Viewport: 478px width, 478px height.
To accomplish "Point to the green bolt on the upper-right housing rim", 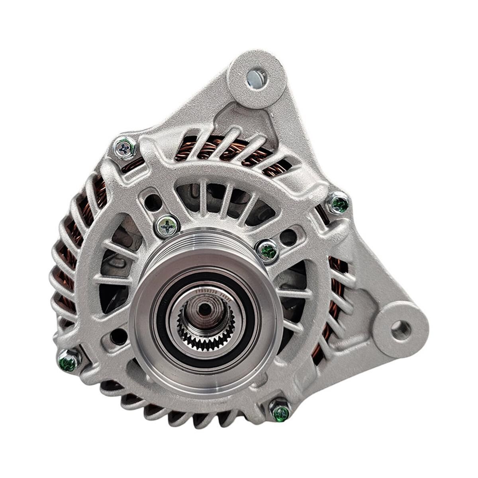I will tap(339, 204).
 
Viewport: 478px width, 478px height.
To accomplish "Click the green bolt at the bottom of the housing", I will tap(280, 411).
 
